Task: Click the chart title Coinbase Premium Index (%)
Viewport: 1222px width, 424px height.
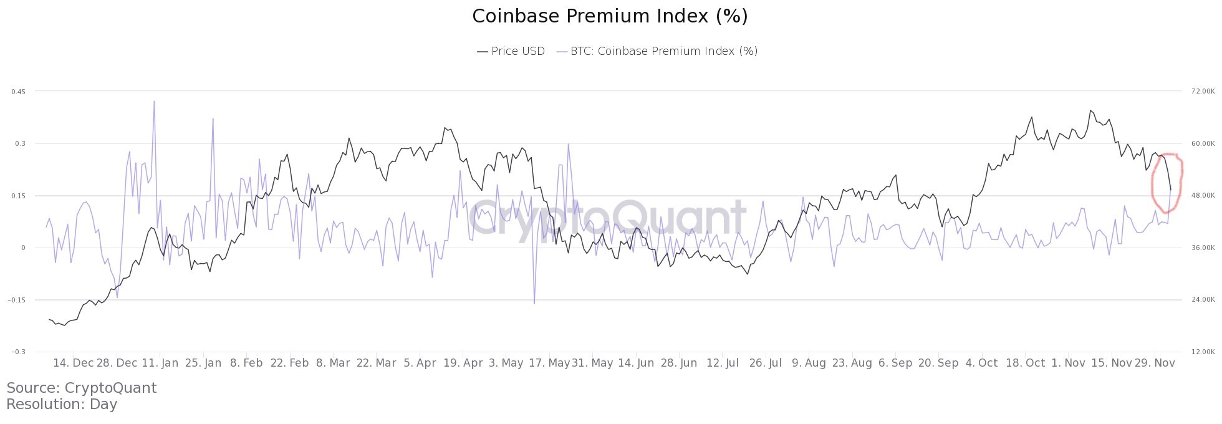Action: coord(610,17)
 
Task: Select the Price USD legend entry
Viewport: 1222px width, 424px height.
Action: coord(511,51)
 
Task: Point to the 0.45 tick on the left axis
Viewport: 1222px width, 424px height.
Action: coord(18,92)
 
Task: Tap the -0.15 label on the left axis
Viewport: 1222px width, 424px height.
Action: coord(17,300)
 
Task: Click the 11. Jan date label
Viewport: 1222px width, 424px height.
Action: coord(160,364)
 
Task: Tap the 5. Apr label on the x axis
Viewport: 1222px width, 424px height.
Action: coord(420,364)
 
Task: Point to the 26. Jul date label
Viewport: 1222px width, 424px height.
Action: coord(766,364)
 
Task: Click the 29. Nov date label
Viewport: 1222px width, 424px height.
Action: coord(1154,364)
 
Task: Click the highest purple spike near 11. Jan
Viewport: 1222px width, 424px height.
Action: coord(153,102)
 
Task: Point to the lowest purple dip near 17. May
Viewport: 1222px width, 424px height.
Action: coord(534,303)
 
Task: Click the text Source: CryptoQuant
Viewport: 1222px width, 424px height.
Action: coord(82,388)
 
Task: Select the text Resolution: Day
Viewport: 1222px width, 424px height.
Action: coord(62,404)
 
